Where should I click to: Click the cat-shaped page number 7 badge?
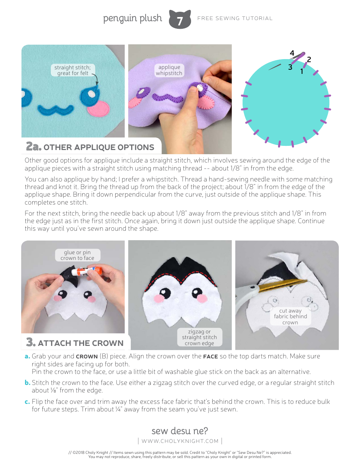[180, 19]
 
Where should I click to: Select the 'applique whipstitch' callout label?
[169, 70]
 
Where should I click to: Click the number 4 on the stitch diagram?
[292, 53]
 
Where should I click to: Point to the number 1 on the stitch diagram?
[302, 71]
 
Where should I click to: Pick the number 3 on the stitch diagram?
[290, 67]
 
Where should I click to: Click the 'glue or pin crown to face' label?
[77, 255]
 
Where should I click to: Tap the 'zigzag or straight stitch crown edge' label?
[199, 337]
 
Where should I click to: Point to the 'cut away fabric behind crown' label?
[290, 316]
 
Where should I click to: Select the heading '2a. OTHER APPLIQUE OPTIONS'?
[90, 147]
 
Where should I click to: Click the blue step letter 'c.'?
[27, 402]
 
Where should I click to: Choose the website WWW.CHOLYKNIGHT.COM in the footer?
[180, 441]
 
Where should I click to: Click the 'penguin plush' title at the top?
[132, 18]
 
